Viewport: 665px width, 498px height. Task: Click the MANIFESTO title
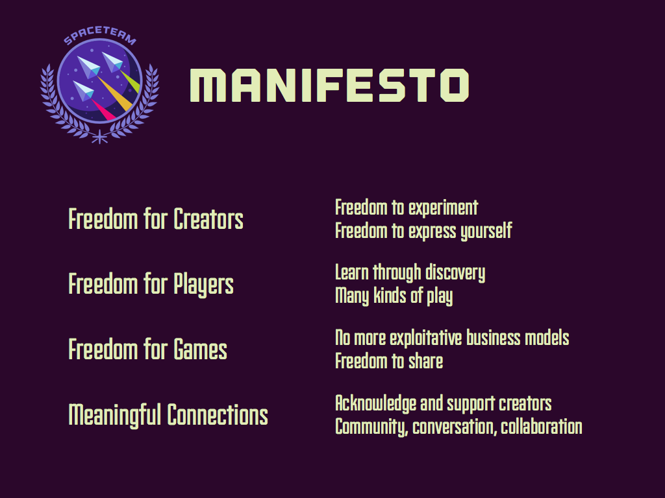pyautogui.click(x=329, y=85)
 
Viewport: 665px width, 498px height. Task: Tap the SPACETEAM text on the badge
pyautogui.click(x=100, y=35)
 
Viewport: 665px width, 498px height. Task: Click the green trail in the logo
pyautogui.click(x=130, y=81)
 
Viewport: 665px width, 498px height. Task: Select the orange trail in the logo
pyautogui.click(x=114, y=93)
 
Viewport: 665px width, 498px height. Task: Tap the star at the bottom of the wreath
pyautogui.click(x=99, y=137)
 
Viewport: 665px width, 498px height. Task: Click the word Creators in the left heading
pyautogui.click(x=208, y=219)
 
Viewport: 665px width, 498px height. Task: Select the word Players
pyautogui.click(x=203, y=285)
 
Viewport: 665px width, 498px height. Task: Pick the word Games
pyautogui.click(x=200, y=350)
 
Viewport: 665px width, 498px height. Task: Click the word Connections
pyautogui.click(x=218, y=414)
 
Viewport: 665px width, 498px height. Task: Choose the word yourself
pyautogui.click(x=486, y=231)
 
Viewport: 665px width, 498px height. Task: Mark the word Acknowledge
pyautogui.click(x=375, y=404)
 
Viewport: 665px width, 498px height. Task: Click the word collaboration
pyautogui.click(x=542, y=427)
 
